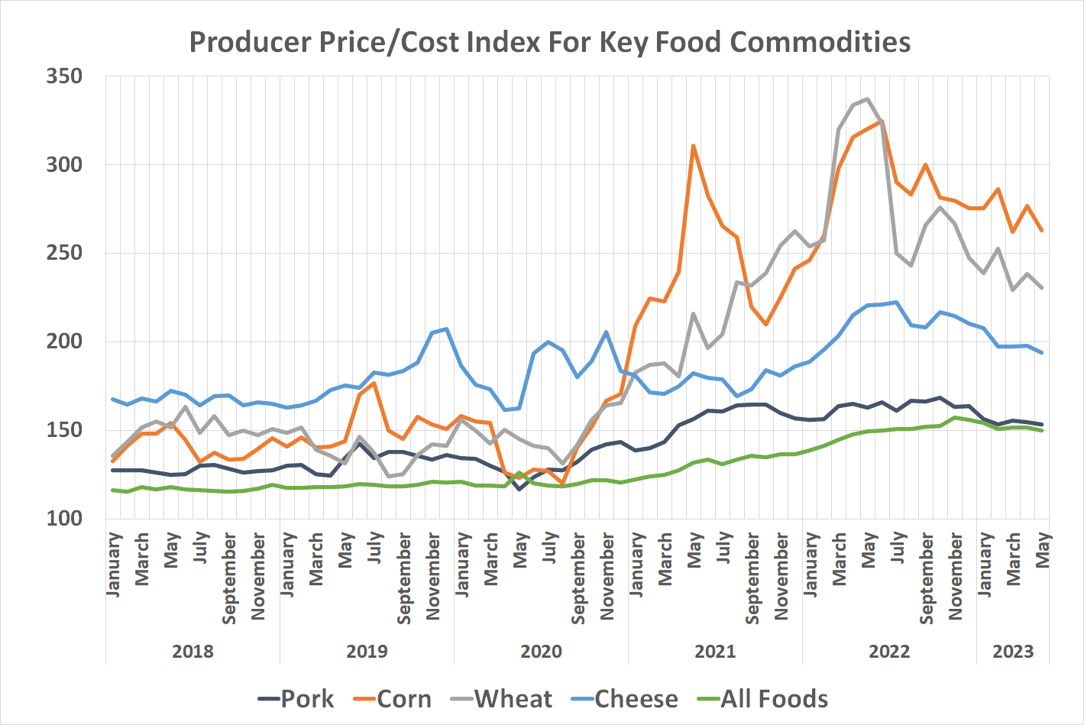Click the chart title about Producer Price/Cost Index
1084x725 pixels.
coord(549,42)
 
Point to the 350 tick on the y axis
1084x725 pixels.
coord(64,76)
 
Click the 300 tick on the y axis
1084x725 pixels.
coord(64,165)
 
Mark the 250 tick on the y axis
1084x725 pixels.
coord(64,253)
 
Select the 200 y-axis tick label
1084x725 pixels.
coord(64,341)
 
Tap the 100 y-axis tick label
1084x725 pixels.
coord(64,518)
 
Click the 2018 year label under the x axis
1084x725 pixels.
coord(193,652)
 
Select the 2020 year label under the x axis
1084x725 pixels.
coord(541,652)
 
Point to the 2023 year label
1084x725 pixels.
coord(1013,652)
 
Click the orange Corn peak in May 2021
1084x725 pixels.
coord(693,145)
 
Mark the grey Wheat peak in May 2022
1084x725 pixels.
coord(867,99)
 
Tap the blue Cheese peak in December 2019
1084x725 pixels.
coord(446,329)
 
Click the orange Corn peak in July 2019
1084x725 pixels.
coord(374,383)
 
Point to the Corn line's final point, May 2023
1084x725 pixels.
coord(1042,230)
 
